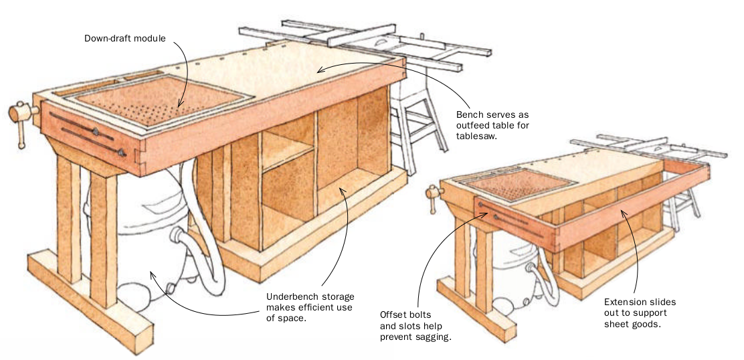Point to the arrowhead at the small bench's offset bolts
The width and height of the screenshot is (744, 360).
pyautogui.click(x=490, y=212)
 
